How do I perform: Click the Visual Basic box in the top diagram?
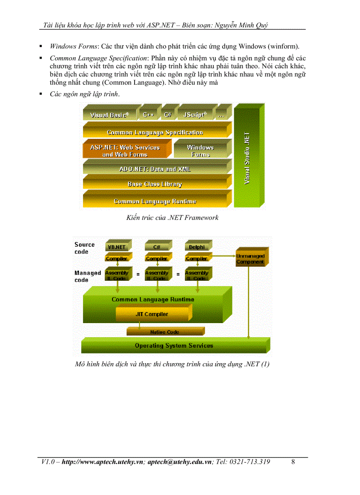click(109, 115)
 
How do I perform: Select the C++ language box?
click(148, 115)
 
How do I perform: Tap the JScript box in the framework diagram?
click(195, 115)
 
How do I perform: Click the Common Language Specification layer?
click(155, 132)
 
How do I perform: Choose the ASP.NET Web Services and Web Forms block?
click(125, 151)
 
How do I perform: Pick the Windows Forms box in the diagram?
click(200, 151)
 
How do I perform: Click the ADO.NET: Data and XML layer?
click(155, 169)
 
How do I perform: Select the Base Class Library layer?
click(155, 184)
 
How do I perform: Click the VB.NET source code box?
click(117, 247)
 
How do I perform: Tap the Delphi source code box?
click(197, 247)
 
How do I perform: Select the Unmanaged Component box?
click(250, 259)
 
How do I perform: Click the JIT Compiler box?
click(152, 314)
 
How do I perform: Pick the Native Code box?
click(165, 332)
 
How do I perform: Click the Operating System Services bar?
click(174, 346)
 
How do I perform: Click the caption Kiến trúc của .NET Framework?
click(172, 217)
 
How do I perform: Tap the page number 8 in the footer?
click(294, 462)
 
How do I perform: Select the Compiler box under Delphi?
click(197, 259)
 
